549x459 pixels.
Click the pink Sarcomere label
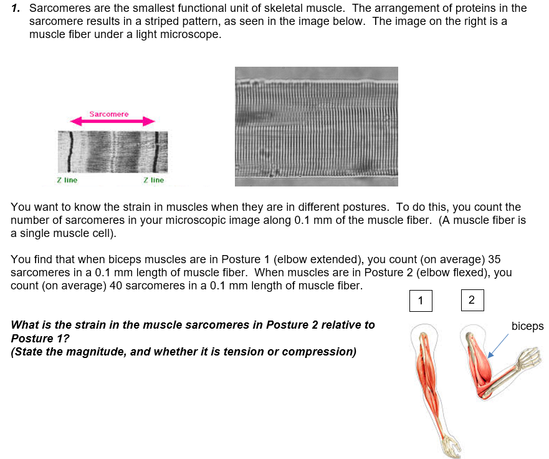[108, 114]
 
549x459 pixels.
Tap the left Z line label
[67, 180]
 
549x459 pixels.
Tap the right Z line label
[153, 180]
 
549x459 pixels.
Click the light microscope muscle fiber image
[316, 127]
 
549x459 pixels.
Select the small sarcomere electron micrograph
[113, 152]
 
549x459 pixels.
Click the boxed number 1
[421, 301]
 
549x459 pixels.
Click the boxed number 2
[471, 300]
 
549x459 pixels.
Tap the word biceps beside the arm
[527, 326]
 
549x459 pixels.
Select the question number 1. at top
[17, 8]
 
